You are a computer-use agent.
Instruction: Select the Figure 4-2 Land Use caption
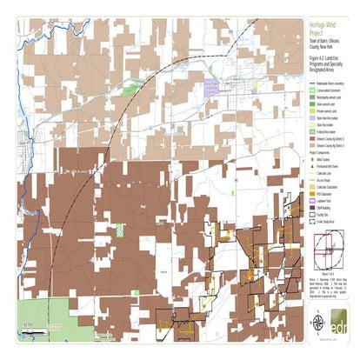tap(328, 62)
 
